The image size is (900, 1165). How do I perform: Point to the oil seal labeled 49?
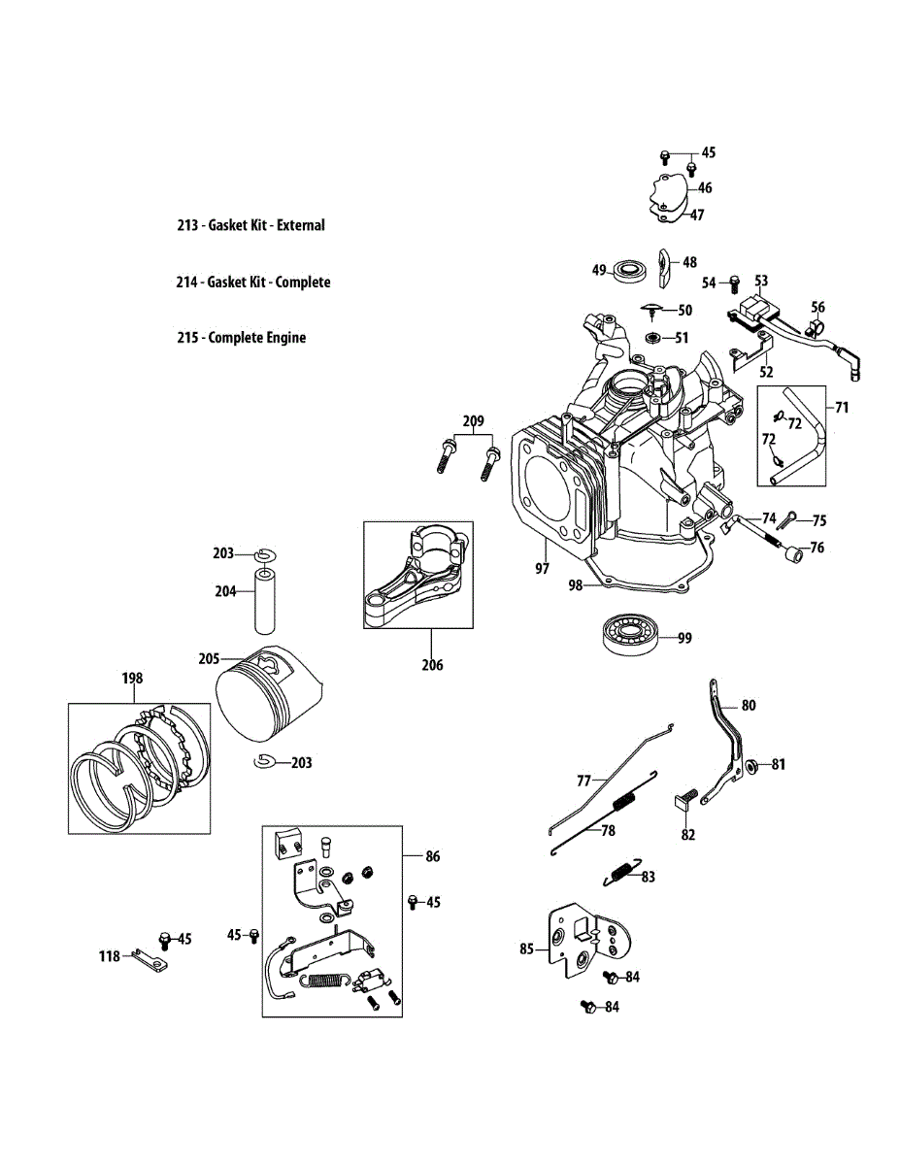(631, 270)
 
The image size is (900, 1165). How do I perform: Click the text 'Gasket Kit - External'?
(266, 225)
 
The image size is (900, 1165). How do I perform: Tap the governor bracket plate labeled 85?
(581, 938)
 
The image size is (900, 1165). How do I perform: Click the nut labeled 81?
(750, 765)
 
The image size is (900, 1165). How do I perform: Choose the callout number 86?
(433, 856)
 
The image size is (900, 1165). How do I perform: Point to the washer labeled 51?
(653, 338)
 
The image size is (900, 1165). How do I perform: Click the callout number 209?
(473, 421)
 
